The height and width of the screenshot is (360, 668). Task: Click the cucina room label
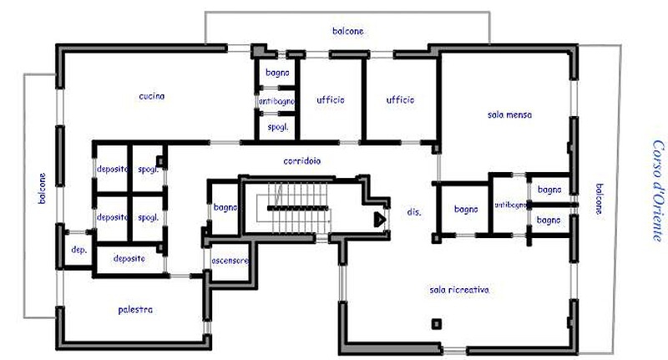point(152,96)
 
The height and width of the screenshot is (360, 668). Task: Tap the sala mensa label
point(509,114)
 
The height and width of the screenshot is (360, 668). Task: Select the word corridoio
point(302,161)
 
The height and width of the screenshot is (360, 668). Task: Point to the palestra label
point(135,310)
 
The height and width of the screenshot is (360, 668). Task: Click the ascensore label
point(230,261)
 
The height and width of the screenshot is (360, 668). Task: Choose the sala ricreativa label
point(459,290)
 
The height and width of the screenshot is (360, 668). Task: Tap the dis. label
point(413,211)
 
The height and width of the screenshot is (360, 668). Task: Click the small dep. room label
point(78,250)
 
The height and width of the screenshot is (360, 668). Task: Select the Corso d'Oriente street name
point(658,190)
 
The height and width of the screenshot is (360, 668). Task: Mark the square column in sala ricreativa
point(436,324)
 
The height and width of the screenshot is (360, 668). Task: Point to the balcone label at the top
point(348,31)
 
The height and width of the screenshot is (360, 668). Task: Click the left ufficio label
point(331,100)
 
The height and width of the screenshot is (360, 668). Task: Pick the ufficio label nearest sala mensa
point(400,100)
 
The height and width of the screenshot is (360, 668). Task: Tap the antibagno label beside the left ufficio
point(277,101)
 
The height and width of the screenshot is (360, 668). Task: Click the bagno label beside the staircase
point(225,207)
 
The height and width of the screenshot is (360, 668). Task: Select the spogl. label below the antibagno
point(278,127)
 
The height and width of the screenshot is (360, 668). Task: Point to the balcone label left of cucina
point(42,188)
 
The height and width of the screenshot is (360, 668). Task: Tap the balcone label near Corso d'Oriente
point(599,199)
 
